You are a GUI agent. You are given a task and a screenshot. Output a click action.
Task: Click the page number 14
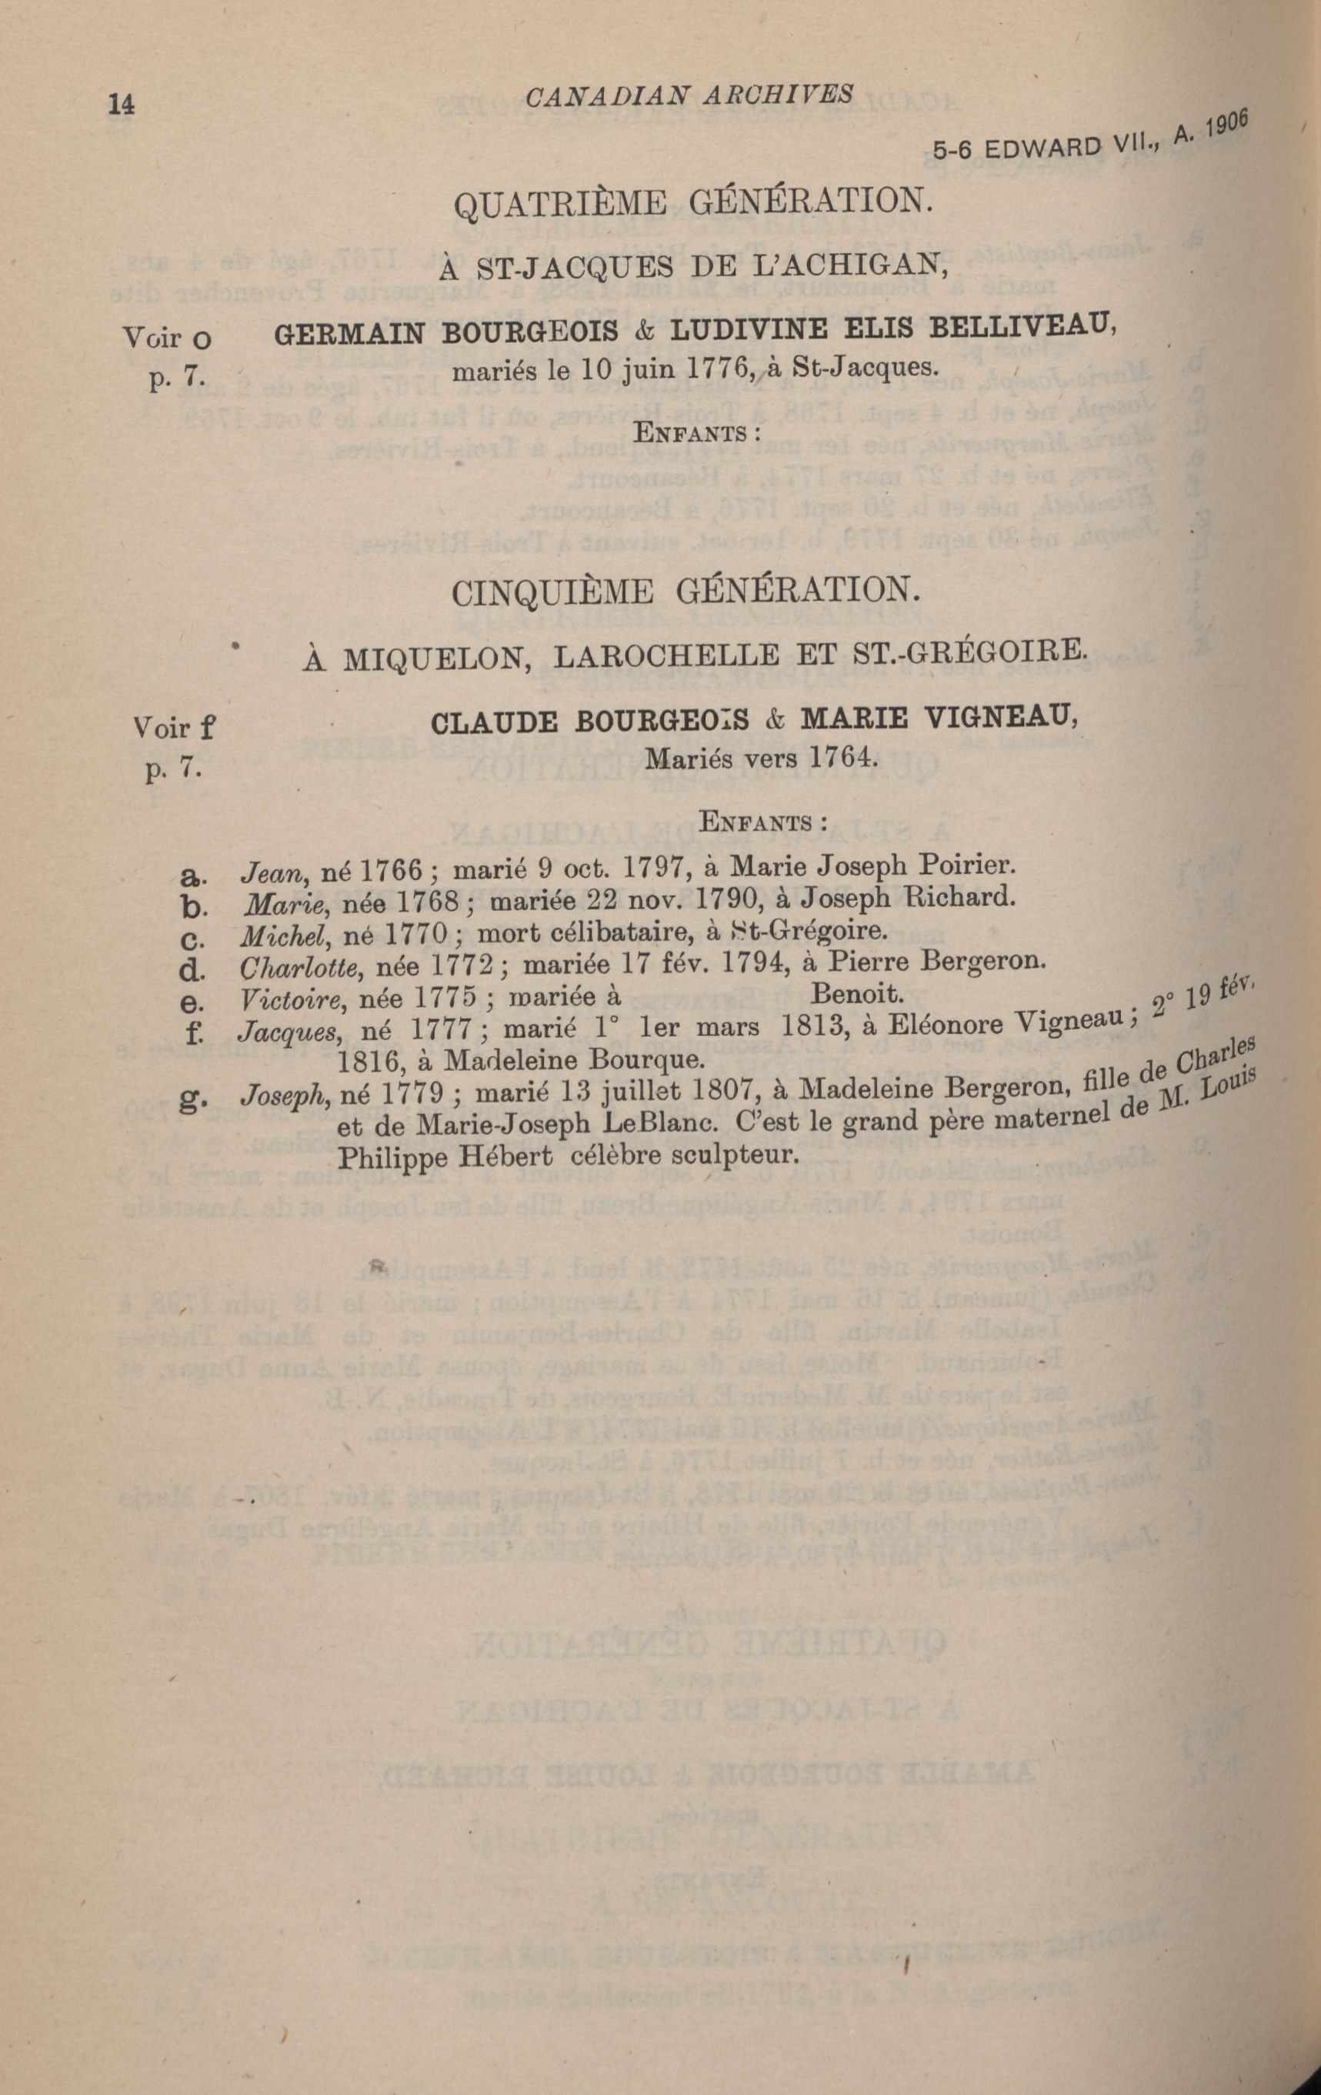tap(121, 104)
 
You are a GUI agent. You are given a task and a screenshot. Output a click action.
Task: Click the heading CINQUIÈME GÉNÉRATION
tap(686, 593)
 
